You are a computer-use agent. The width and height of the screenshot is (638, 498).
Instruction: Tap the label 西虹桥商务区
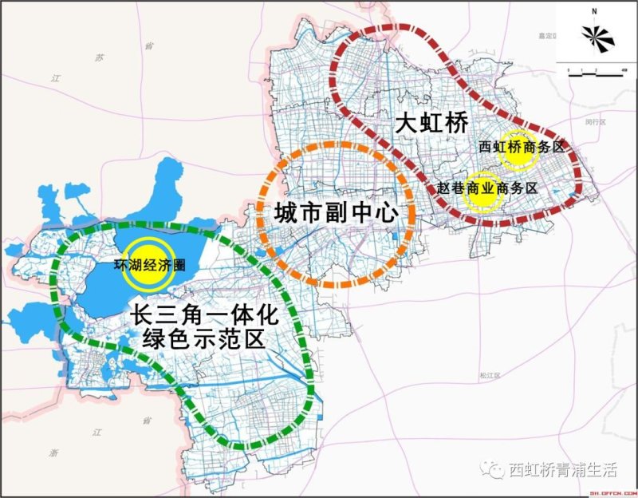pos(521,148)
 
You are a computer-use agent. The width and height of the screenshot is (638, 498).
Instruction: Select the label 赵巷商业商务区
pos(487,188)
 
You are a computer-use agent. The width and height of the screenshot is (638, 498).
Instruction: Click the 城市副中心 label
pos(335,214)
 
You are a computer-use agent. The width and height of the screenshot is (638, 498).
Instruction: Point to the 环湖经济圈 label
pos(151,266)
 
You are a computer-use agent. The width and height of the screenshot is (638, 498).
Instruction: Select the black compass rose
pos(595,36)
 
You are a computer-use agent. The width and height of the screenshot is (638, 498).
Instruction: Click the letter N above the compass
pos(595,11)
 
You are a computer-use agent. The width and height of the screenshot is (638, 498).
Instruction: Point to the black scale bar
pos(595,71)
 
